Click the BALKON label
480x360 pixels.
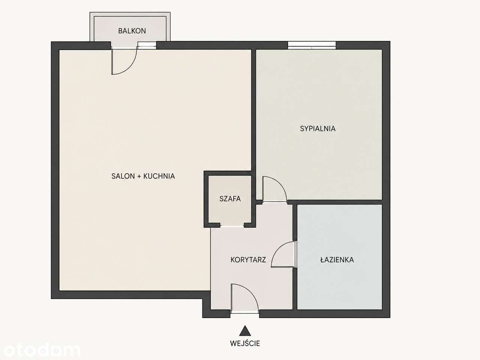tap(132, 31)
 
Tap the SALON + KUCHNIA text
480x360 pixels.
tap(143, 176)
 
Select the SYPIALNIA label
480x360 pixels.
tap(318, 129)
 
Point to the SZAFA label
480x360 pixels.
tap(230, 199)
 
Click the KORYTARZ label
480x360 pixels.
tap(248, 259)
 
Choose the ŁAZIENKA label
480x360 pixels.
tap(337, 259)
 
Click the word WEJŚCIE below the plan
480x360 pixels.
tap(245, 343)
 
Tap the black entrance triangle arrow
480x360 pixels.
tap(245, 331)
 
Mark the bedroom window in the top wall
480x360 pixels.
tap(312, 45)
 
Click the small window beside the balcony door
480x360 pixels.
tap(147, 45)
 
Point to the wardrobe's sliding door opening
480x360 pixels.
tap(232, 226)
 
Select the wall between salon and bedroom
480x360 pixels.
tap(253, 124)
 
